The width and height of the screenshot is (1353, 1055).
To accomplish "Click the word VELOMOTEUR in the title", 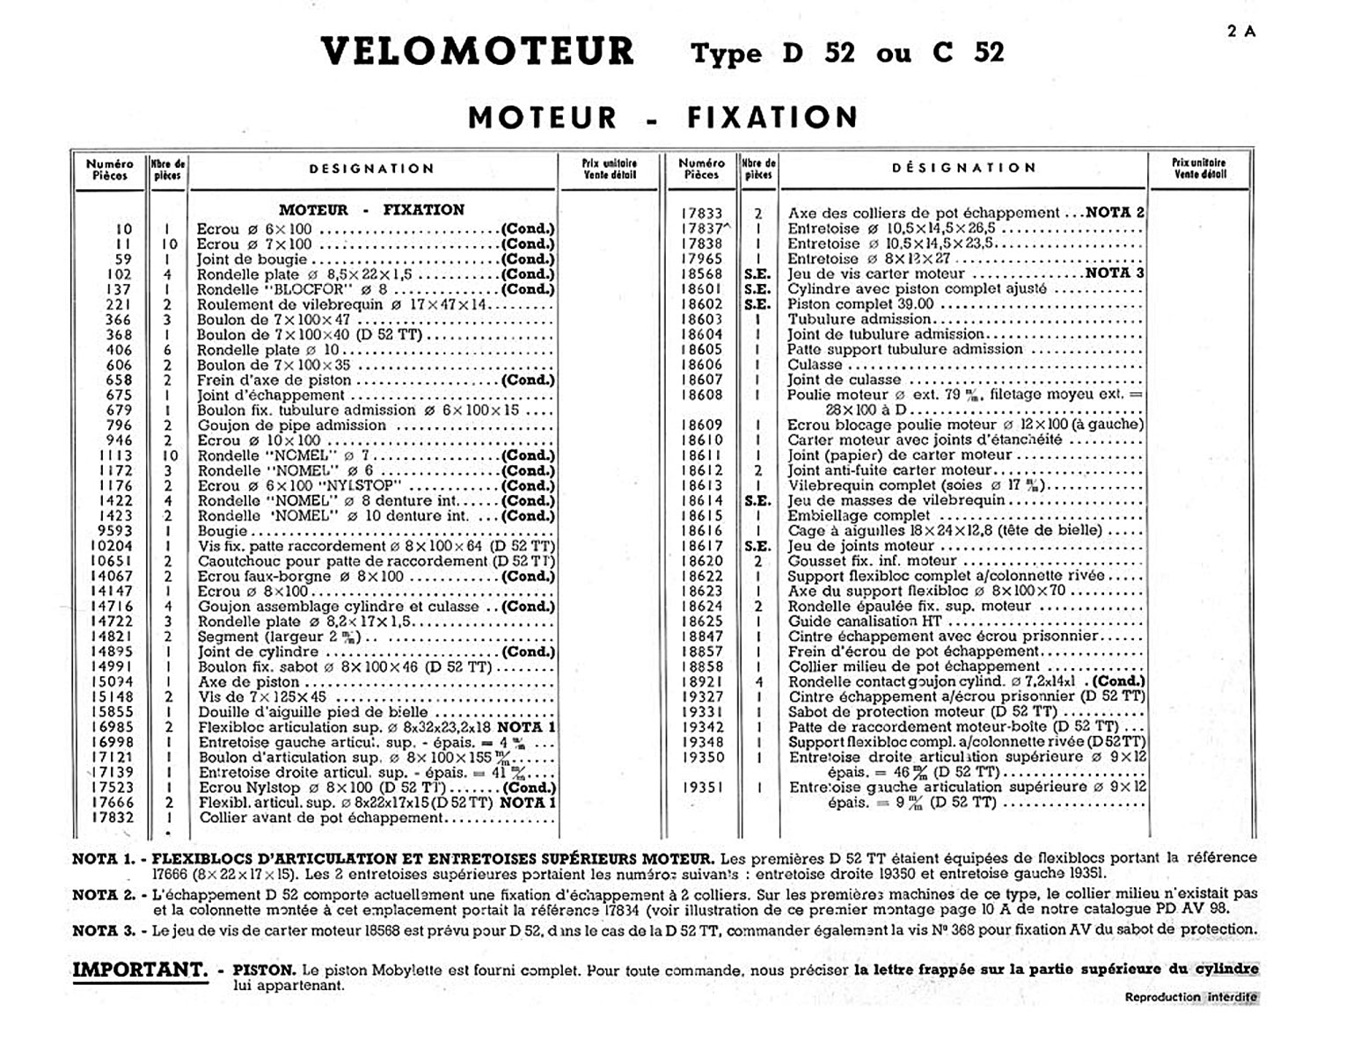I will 477,51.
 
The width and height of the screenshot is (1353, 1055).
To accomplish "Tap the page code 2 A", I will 1241,32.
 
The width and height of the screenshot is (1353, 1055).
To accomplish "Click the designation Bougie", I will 223,531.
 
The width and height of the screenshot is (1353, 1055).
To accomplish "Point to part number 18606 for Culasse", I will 701,365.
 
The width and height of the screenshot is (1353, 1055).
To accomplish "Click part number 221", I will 119,304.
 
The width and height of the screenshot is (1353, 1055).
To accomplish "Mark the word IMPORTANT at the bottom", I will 140,971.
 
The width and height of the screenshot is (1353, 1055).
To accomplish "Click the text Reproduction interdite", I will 1190,997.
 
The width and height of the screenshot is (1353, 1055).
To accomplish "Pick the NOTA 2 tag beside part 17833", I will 1115,213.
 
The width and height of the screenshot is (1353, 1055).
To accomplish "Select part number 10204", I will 112,546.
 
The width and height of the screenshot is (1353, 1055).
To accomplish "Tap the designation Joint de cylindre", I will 258,652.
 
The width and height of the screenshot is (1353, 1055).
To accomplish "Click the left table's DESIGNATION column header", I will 371,169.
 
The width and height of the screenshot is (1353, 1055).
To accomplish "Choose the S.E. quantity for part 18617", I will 757,546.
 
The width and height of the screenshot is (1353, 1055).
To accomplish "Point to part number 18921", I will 701,682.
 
